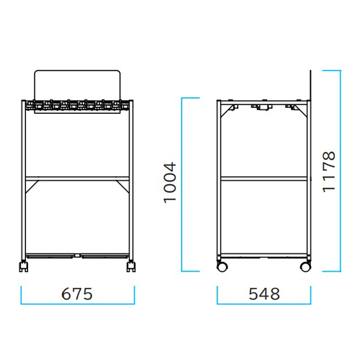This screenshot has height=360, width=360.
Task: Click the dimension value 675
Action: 77,294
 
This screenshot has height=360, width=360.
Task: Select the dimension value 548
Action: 264,294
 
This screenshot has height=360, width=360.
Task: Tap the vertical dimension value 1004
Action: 170,183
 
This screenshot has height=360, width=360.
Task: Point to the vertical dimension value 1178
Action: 328,171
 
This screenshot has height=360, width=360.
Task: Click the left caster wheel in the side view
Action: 222,266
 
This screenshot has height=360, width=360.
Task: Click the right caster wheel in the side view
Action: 305,266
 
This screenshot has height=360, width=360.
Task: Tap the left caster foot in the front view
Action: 24,266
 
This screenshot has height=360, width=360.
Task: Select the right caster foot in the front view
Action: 131,266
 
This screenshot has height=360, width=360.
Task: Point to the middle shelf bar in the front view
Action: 77,179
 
